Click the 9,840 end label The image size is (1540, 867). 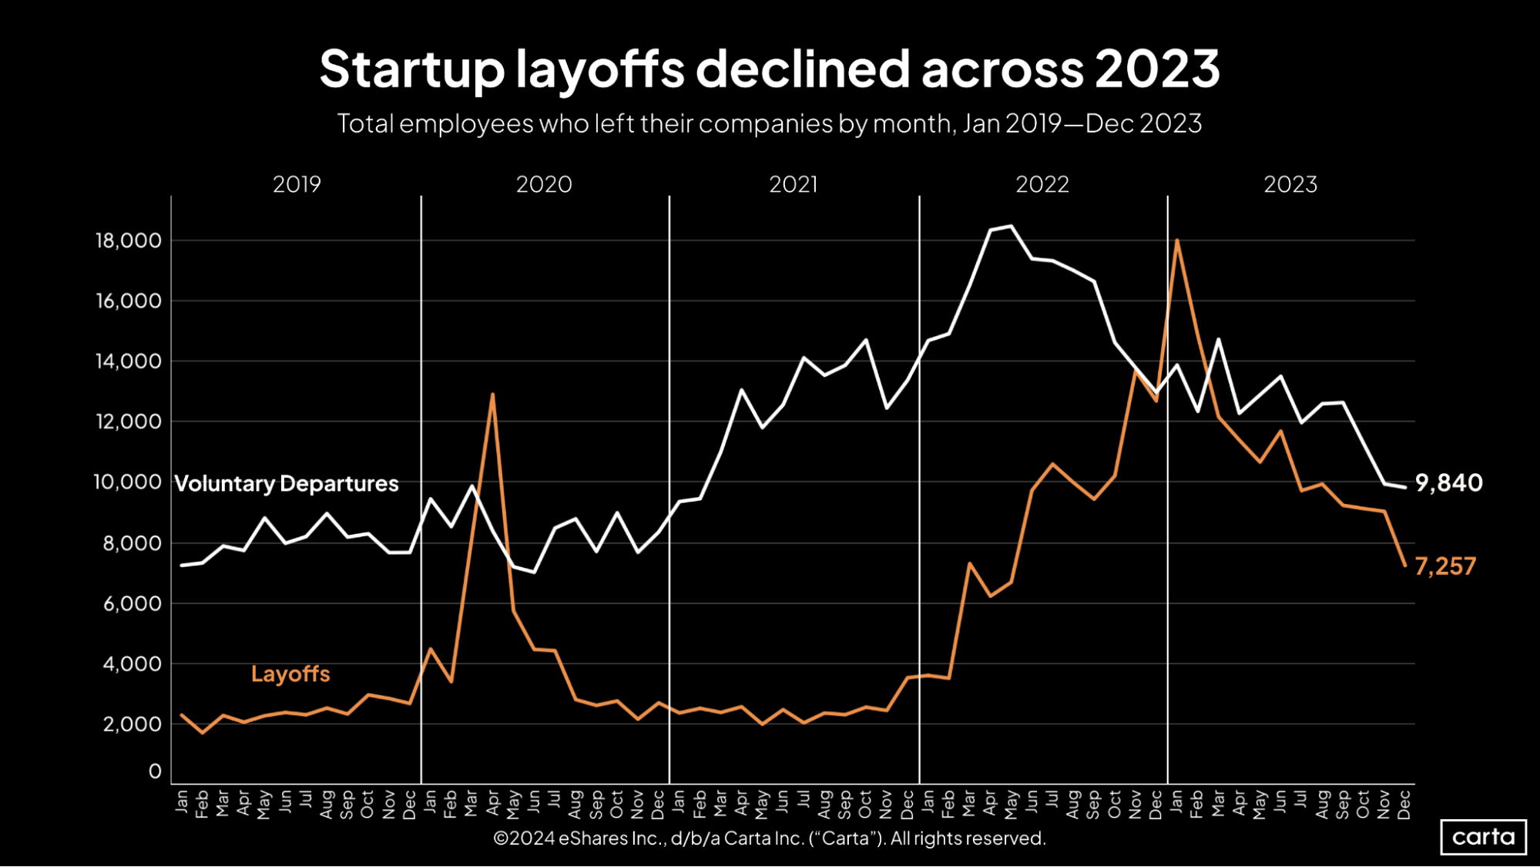point(1448,483)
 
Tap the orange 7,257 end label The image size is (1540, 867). point(1445,566)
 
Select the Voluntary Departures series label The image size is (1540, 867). point(287,484)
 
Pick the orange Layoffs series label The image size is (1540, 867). point(290,674)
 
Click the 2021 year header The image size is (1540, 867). point(793,185)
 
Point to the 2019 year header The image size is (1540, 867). point(297,185)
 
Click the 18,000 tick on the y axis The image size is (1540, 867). point(129,240)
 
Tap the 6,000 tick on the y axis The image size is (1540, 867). point(133,603)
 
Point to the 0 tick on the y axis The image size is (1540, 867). point(156,771)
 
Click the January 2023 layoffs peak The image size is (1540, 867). point(1177,240)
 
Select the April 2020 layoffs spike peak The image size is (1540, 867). point(492,395)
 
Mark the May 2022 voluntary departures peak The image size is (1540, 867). point(1011,227)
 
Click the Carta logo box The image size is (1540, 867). point(1483,837)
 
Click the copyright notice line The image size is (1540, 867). point(769,838)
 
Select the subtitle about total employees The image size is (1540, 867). point(769,124)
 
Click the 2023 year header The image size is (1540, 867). point(1290,185)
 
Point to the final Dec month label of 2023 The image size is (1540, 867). point(1404,804)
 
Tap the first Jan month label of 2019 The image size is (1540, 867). point(182,801)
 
